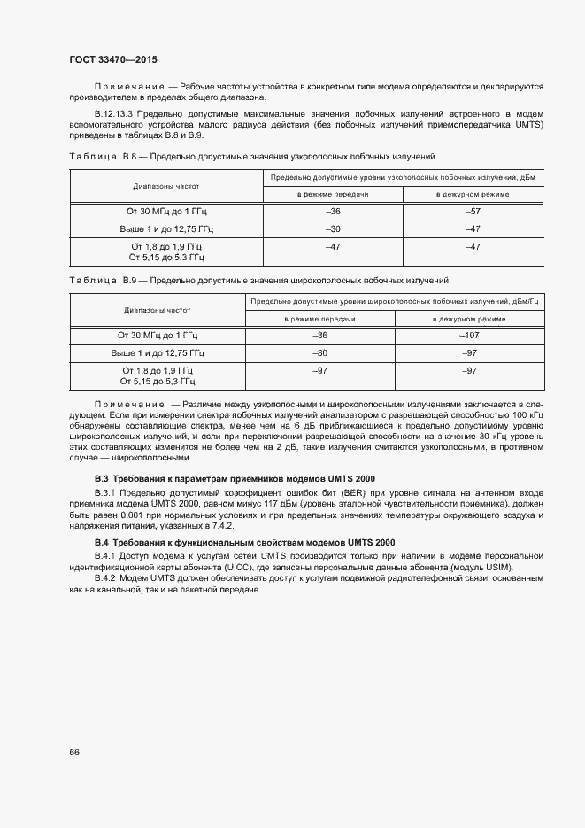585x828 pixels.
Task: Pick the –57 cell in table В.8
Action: coord(473,213)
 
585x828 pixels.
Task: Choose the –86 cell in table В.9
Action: coord(320,335)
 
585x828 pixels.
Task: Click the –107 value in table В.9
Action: coord(469,335)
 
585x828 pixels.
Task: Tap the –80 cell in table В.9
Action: coord(320,352)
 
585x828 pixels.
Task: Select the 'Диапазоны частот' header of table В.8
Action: coord(166,187)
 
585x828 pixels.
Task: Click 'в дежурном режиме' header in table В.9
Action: coord(469,318)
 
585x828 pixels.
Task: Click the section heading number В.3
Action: coord(103,478)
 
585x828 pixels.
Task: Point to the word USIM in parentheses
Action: coord(496,567)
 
